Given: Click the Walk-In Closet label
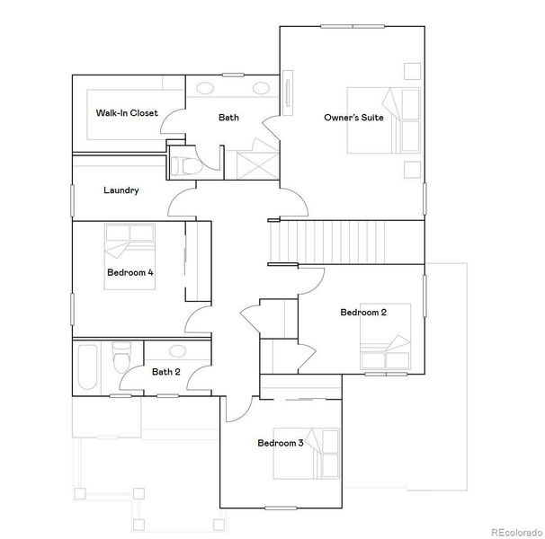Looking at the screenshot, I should coord(127,113).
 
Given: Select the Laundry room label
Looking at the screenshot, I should coord(121,190).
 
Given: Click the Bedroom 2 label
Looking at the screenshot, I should coord(363,313).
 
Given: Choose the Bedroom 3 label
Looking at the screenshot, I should coord(281,443).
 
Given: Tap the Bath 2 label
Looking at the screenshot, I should coord(165,372).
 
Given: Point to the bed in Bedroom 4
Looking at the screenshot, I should coord(130,256).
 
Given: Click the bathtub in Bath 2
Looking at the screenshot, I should coord(88,367).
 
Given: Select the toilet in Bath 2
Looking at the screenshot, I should coord(117,361).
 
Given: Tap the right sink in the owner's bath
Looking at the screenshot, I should coord(262,88).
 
